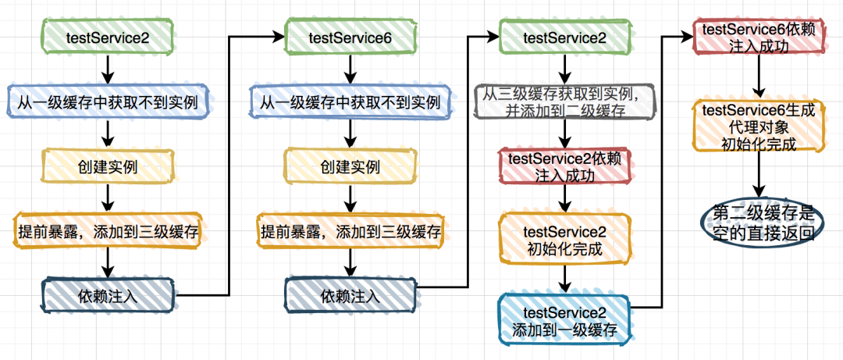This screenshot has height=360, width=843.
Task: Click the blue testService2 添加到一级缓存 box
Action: click(564, 320)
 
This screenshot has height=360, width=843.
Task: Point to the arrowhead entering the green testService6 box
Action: click(277, 36)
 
